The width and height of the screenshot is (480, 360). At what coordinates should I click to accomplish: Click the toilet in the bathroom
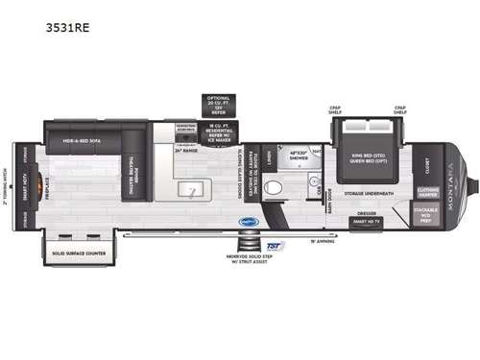tap(276, 189)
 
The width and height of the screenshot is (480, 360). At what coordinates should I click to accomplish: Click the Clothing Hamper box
tap(425, 187)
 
